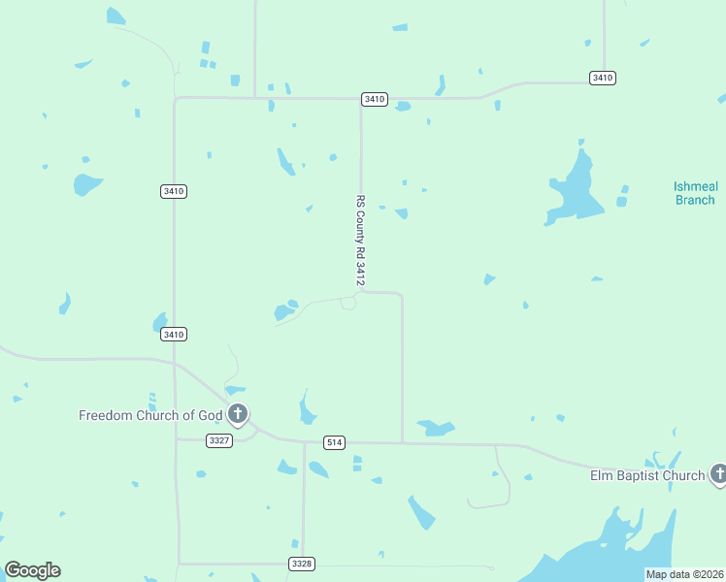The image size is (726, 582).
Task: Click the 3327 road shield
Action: click(219, 440)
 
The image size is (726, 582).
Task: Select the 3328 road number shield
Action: click(302, 564)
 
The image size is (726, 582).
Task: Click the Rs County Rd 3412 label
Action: click(360, 239)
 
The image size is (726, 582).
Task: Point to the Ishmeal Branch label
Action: click(694, 193)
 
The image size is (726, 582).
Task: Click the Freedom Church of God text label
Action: click(150, 415)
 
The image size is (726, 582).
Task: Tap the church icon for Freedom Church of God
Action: click(238, 415)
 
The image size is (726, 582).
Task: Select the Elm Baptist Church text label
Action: click(647, 475)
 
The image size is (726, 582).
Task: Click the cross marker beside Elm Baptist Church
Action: click(718, 474)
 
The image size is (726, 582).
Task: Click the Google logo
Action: click(32, 570)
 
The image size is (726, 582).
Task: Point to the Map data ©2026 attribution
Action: click(685, 574)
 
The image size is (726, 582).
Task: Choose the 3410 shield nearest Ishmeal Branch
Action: click(603, 78)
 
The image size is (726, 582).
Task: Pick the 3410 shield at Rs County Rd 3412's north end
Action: click(375, 99)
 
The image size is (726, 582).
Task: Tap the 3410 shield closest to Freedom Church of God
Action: click(174, 335)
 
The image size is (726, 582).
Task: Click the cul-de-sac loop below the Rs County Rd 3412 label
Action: click(348, 304)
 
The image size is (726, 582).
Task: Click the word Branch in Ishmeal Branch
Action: click(694, 200)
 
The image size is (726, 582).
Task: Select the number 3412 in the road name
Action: click(360, 271)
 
